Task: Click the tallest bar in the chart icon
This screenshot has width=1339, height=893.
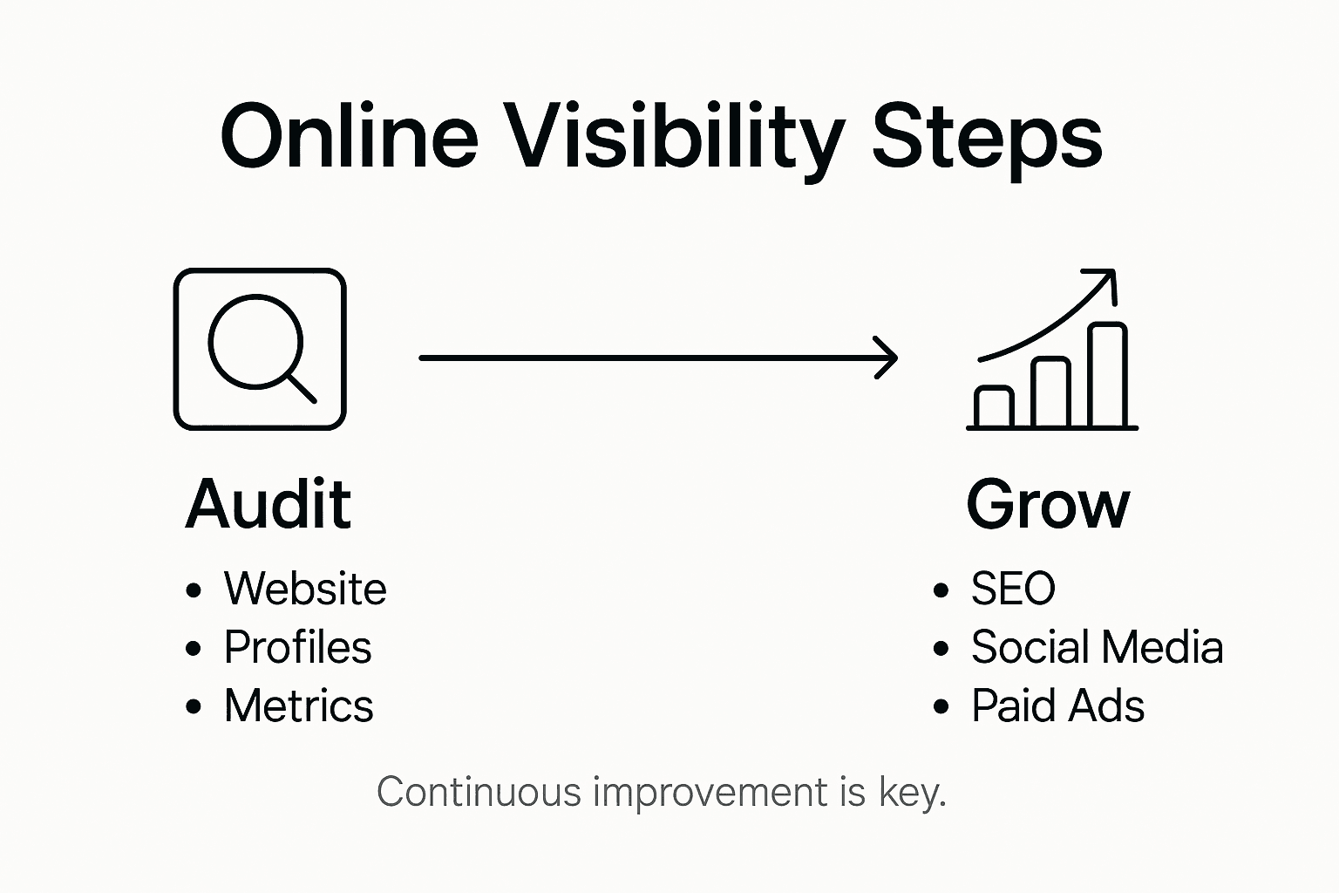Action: coord(1108,375)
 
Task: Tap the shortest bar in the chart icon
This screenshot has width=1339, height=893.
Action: coord(994,406)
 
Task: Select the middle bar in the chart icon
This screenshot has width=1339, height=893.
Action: coord(1050,392)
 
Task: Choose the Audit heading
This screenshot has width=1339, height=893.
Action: coord(268,504)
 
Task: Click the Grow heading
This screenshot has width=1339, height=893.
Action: coord(1048,504)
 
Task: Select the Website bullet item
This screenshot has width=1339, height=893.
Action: coord(305,589)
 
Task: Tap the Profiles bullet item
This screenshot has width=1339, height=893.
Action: coord(298,647)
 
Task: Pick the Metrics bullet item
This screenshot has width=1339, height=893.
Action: coord(299,706)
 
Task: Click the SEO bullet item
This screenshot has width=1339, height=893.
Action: coord(1013,589)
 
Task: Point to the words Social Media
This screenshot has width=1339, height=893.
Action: coord(1097,647)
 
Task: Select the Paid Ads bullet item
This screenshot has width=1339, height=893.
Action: coord(1057,706)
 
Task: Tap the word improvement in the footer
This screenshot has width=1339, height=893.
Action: coord(710,792)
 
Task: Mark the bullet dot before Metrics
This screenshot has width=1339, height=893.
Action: coord(194,706)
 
